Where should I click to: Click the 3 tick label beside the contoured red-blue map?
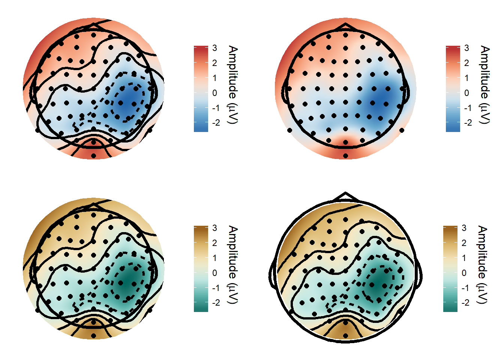(x=214, y=48)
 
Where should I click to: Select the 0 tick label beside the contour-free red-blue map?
(x=466, y=93)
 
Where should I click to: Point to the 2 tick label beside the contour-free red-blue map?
(x=466, y=63)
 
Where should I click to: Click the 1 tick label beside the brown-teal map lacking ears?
(x=214, y=258)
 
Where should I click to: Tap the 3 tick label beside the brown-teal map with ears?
(x=464, y=228)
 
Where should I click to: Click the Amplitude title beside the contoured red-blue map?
(x=233, y=85)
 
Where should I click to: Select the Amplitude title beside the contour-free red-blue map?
(x=485, y=85)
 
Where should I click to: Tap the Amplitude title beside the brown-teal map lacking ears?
(x=233, y=265)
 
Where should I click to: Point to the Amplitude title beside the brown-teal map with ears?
(x=482, y=265)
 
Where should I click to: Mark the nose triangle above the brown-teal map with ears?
(x=345, y=196)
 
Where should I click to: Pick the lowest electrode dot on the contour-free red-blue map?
(x=345, y=156)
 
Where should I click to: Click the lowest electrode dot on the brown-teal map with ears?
(x=345, y=336)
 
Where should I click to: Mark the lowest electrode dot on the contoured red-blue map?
(x=93, y=156)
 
